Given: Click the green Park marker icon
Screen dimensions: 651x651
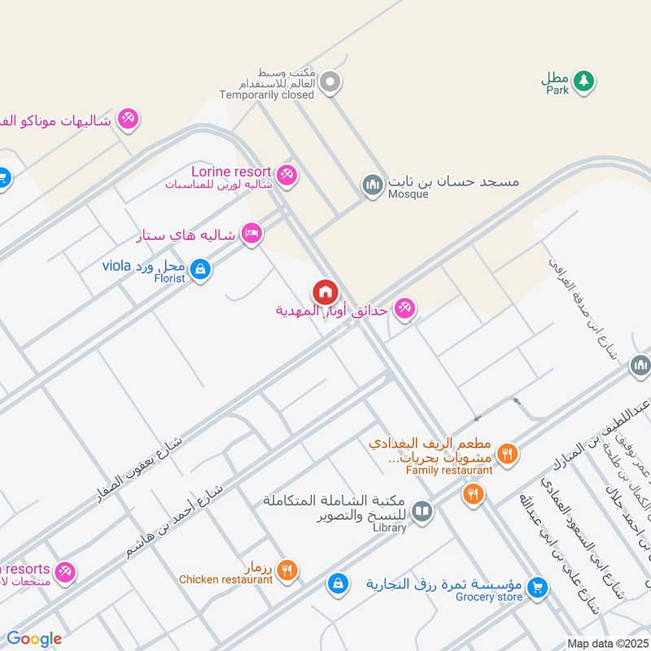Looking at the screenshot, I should [582, 81].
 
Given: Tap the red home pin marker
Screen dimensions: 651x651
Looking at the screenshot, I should [325, 291].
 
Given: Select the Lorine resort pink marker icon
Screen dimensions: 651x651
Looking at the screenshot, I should [286, 174].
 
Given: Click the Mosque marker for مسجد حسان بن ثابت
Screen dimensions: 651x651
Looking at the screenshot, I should [373, 185].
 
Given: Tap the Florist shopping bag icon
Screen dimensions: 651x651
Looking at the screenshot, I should [200, 268].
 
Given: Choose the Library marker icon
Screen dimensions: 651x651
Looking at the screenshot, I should [422, 511].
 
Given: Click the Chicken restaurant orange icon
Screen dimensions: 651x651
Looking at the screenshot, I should [286, 570].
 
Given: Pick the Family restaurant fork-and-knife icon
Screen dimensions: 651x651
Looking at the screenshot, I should [507, 453].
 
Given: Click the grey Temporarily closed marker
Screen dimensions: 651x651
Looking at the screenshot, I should [330, 81].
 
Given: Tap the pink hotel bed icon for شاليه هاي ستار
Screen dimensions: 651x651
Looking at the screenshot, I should [251, 234].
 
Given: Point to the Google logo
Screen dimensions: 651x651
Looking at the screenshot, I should [34, 640].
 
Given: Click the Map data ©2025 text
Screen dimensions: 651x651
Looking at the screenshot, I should [605, 643].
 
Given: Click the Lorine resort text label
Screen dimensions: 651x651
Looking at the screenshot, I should [230, 172].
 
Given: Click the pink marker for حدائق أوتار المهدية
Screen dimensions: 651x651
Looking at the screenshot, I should [404, 308].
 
